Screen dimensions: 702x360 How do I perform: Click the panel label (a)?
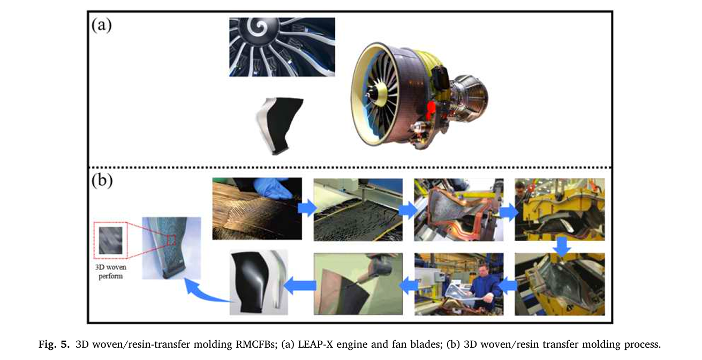click(102, 25)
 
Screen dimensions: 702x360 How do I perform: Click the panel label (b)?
click(102, 181)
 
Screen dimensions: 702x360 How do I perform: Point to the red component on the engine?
click(431, 109)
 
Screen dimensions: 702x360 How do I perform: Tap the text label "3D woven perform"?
click(111, 272)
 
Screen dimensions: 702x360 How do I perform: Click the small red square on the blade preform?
click(171, 240)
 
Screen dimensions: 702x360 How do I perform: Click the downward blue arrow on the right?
click(561, 246)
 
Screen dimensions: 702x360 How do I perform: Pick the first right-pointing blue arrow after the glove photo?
click(307, 207)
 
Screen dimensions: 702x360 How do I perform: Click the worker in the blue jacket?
click(485, 284)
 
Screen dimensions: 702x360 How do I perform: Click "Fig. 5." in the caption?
click(54, 344)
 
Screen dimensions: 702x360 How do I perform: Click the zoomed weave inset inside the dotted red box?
click(111, 241)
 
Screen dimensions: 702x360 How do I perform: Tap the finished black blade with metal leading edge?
click(258, 282)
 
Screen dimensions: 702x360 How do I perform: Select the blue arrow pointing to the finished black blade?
click(300, 286)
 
